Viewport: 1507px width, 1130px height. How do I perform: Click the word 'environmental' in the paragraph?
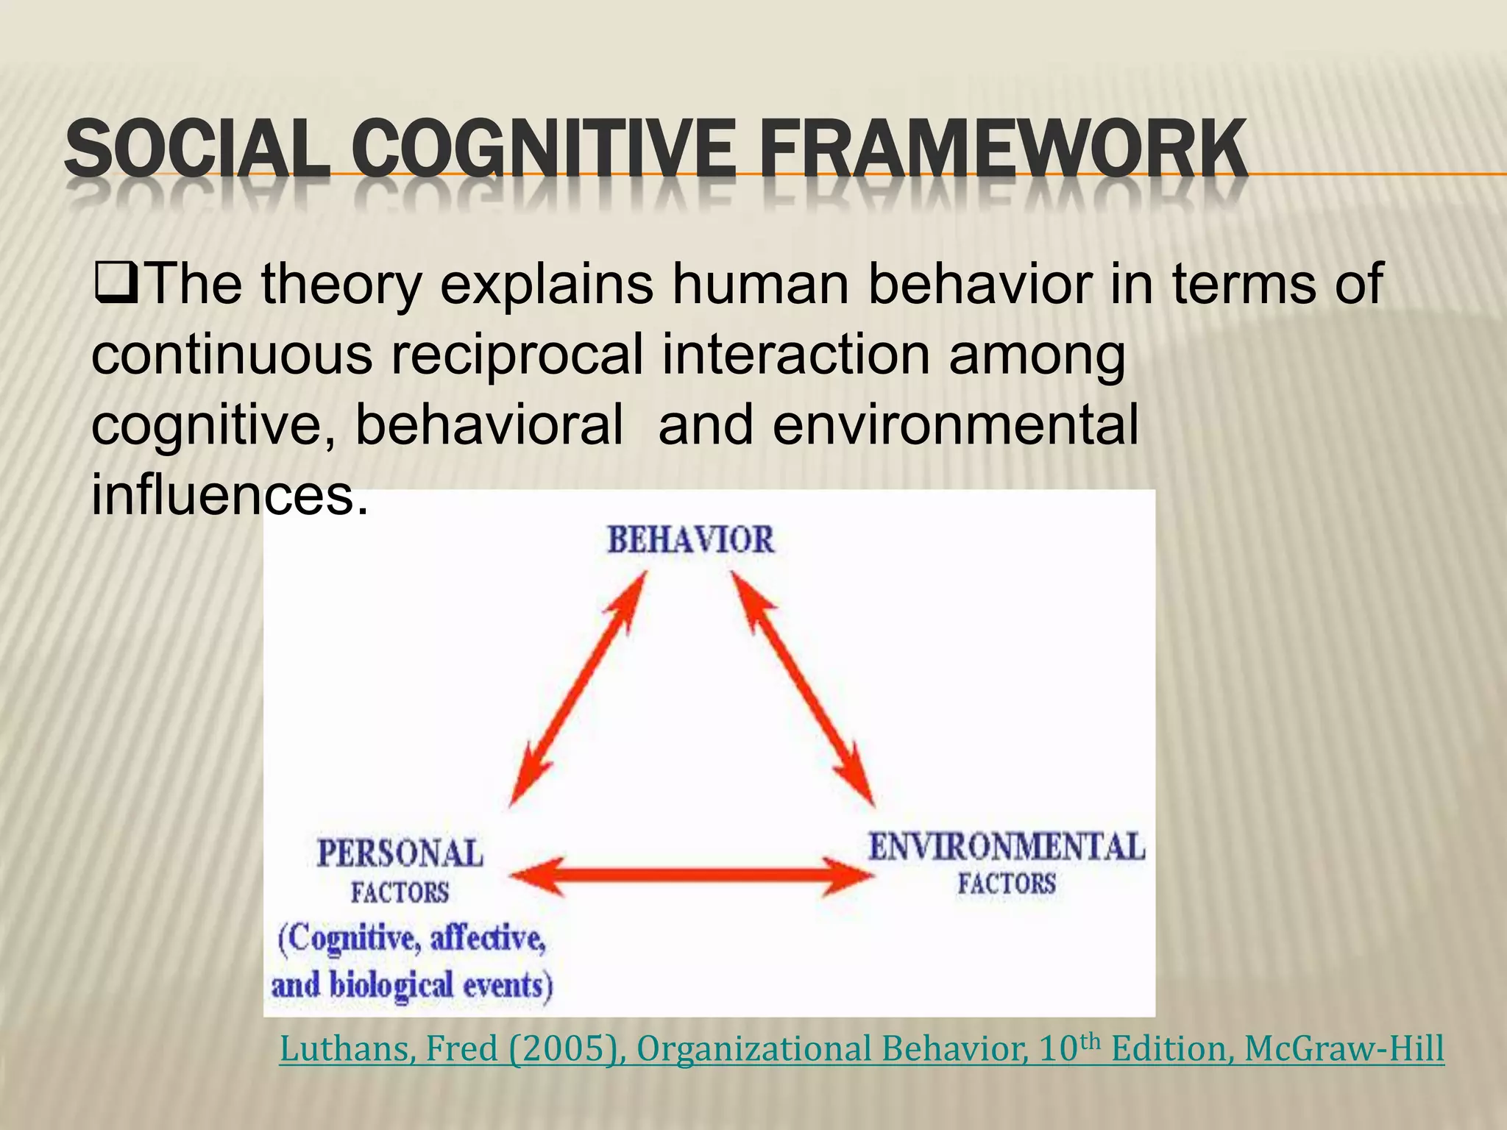click(955, 426)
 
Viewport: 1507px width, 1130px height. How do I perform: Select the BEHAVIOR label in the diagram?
click(690, 541)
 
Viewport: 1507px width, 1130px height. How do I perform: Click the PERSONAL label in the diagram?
click(400, 854)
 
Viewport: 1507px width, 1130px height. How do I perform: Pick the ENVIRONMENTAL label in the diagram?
click(1007, 847)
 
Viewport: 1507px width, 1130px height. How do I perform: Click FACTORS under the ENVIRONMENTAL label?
click(1007, 884)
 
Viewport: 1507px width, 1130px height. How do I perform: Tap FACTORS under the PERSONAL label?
click(400, 893)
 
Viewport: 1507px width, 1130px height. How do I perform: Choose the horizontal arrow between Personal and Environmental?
click(692, 875)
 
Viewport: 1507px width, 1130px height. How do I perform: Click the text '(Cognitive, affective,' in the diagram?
click(412, 939)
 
